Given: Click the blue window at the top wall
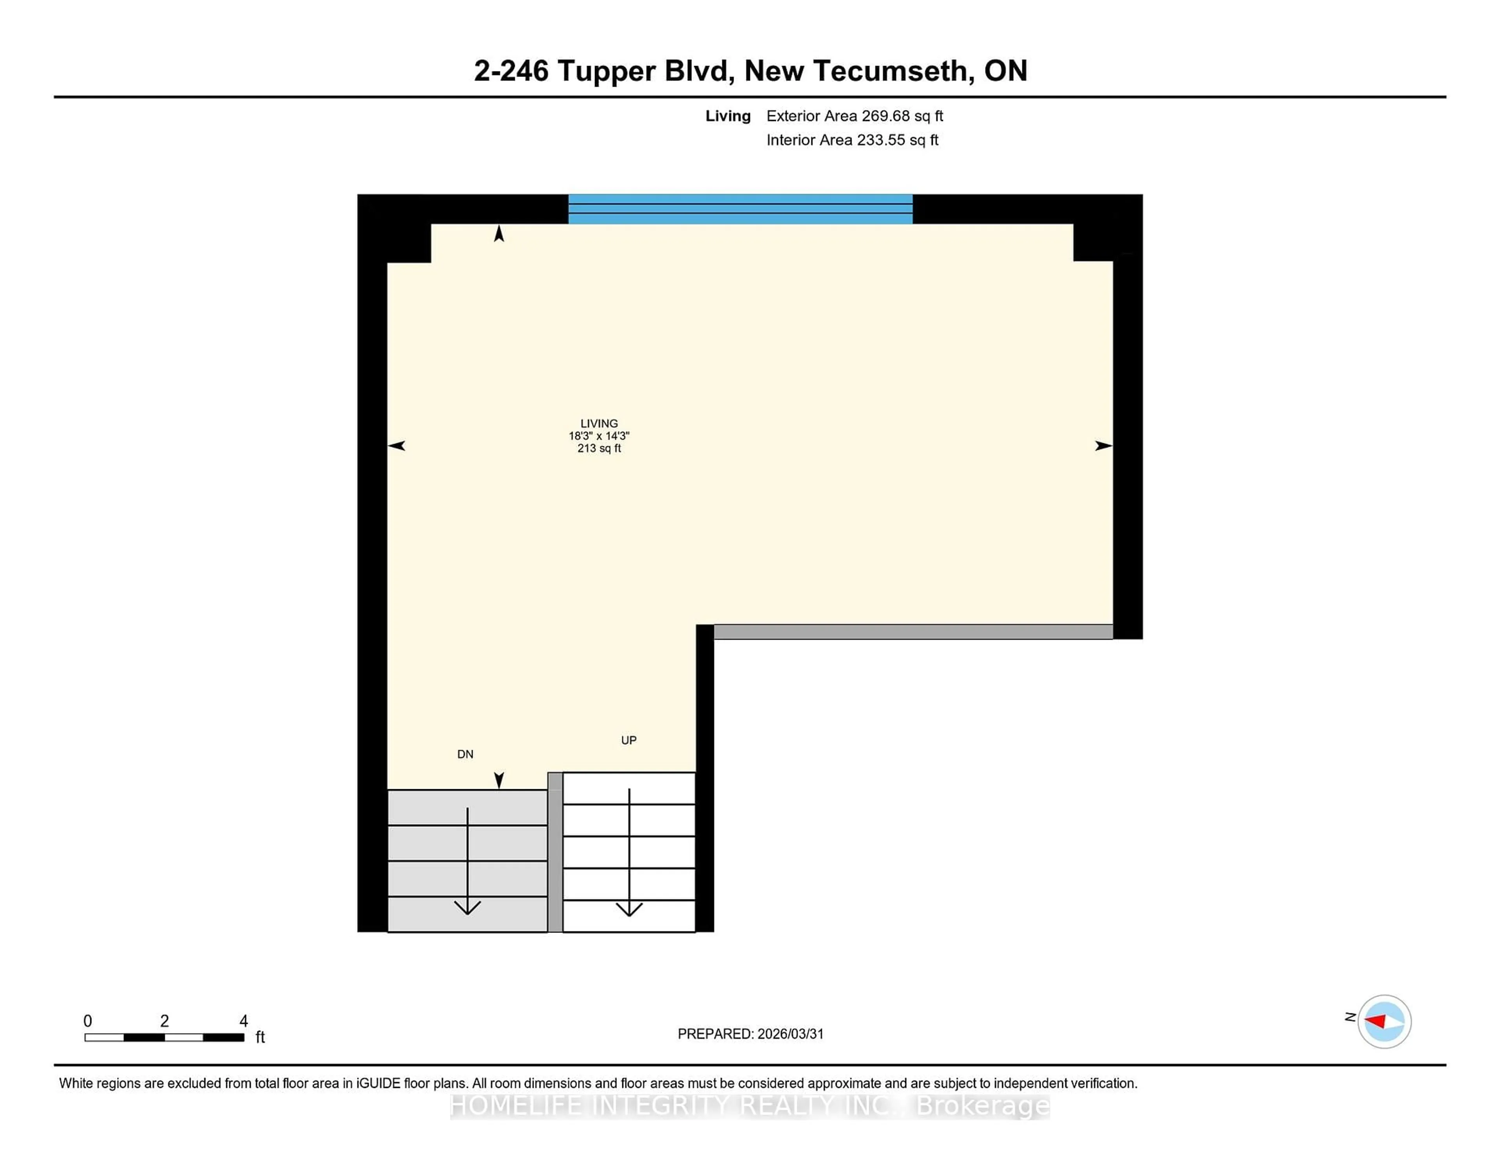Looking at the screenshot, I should [740, 209].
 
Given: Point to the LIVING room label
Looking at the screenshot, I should [599, 424].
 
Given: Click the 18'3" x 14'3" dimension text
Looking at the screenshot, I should [599, 436].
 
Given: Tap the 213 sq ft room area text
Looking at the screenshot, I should [599, 448].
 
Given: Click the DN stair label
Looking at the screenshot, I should [465, 754].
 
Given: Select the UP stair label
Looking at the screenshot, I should [629, 740].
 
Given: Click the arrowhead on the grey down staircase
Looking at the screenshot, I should [467, 907].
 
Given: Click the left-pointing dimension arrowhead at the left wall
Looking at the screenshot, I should [396, 446].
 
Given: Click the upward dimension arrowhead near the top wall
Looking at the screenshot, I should [499, 234].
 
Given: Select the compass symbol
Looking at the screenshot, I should [1384, 1021].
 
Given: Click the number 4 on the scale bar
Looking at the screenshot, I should [243, 1021].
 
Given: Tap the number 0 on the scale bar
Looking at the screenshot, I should [87, 1021].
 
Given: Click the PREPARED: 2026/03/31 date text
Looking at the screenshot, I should [750, 1034].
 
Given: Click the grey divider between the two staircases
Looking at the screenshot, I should [555, 851].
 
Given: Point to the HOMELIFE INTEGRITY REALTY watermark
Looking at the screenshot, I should [750, 1106].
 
